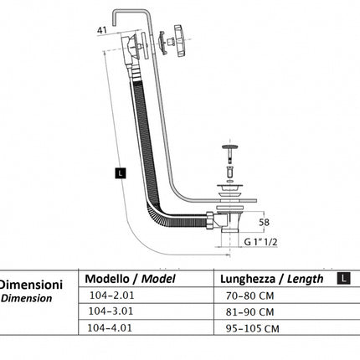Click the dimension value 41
(102, 30)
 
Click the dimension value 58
(264, 223)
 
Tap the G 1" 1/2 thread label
(260, 242)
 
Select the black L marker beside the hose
(121, 173)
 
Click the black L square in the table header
(343, 278)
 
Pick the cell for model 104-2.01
(111, 296)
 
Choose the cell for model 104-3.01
(111, 311)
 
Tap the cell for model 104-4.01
(110, 327)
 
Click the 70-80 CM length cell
(249, 296)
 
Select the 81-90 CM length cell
(249, 312)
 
